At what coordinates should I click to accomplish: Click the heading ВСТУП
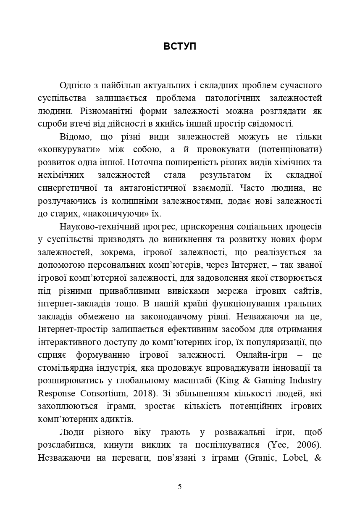180,47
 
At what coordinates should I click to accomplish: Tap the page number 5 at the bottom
180,487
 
